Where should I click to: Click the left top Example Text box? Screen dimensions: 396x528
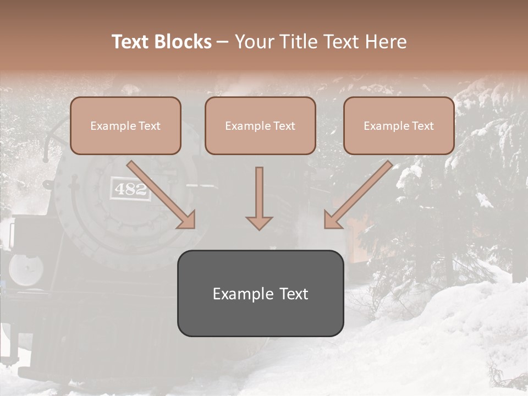point(125,126)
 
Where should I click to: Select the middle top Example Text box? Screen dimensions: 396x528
point(260,126)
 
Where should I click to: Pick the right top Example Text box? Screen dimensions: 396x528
point(399,126)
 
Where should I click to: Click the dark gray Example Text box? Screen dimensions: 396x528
point(261,294)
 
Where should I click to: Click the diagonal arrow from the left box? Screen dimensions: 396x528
point(159,193)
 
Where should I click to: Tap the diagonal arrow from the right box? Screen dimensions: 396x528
point(360,193)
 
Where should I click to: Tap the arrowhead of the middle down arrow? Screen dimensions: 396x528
point(259,222)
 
